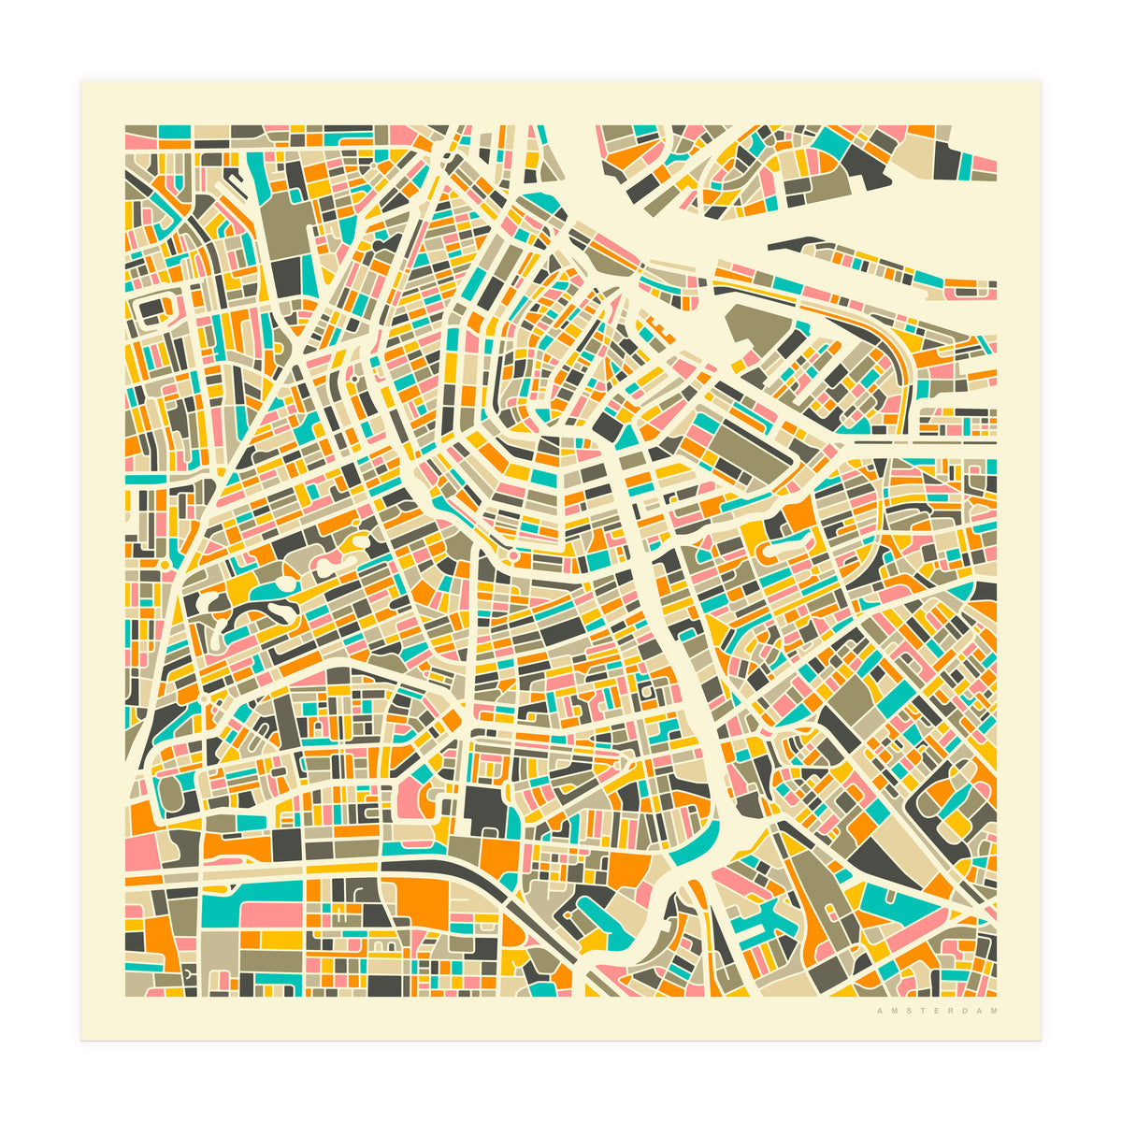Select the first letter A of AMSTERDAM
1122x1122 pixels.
coord(879,1011)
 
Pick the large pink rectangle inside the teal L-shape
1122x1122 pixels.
coord(271,914)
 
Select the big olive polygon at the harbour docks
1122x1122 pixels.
coord(757,327)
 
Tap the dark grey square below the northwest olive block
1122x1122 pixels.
coord(288,274)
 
